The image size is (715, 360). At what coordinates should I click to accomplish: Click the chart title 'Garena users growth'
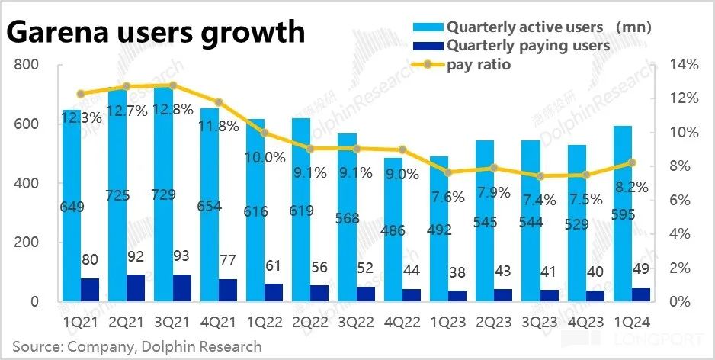click(x=156, y=33)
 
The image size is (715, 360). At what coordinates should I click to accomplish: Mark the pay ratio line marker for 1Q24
click(x=632, y=162)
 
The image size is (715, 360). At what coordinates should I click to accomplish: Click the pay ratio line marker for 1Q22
click(x=264, y=133)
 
